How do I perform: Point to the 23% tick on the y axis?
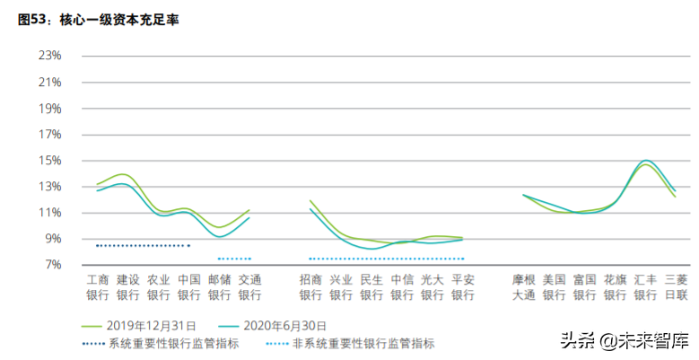click(49, 56)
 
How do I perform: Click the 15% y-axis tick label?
click(49, 161)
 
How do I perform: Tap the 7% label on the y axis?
click(52, 265)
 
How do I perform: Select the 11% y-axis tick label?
click(49, 213)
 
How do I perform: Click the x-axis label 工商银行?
click(97, 286)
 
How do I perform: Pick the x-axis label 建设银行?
click(127, 286)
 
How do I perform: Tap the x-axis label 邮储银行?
click(220, 286)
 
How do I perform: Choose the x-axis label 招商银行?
click(310, 286)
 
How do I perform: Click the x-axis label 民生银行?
click(371, 286)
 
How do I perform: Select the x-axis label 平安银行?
click(463, 286)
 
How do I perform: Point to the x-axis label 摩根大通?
click(524, 286)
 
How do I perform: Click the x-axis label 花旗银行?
click(616, 286)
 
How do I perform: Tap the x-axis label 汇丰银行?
click(646, 286)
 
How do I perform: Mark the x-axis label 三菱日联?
click(677, 286)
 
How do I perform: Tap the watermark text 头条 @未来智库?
click(625, 340)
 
